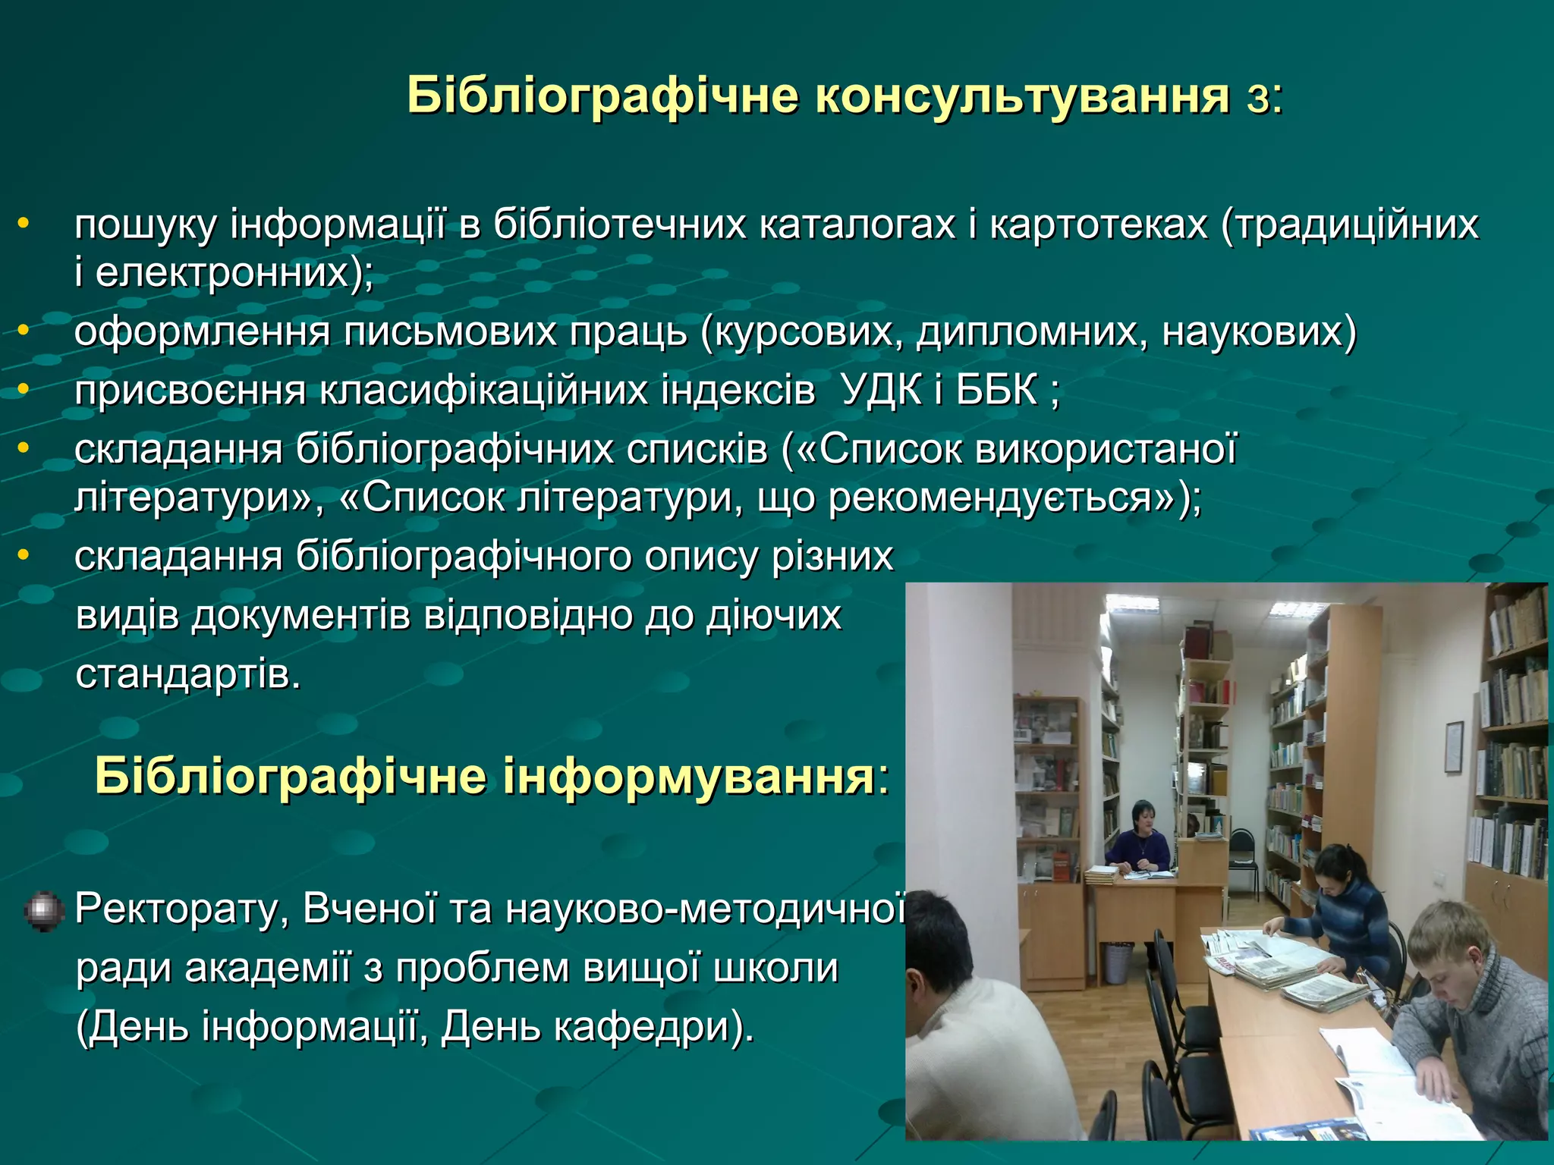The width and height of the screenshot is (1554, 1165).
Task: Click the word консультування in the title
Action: pos(1021,96)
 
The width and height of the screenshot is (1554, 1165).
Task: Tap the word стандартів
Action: pos(188,674)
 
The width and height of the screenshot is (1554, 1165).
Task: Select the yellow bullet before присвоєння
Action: pos(24,390)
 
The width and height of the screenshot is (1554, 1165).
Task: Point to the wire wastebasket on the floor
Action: pos(1118,961)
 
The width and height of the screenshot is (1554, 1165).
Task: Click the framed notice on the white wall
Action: pos(1453,747)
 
